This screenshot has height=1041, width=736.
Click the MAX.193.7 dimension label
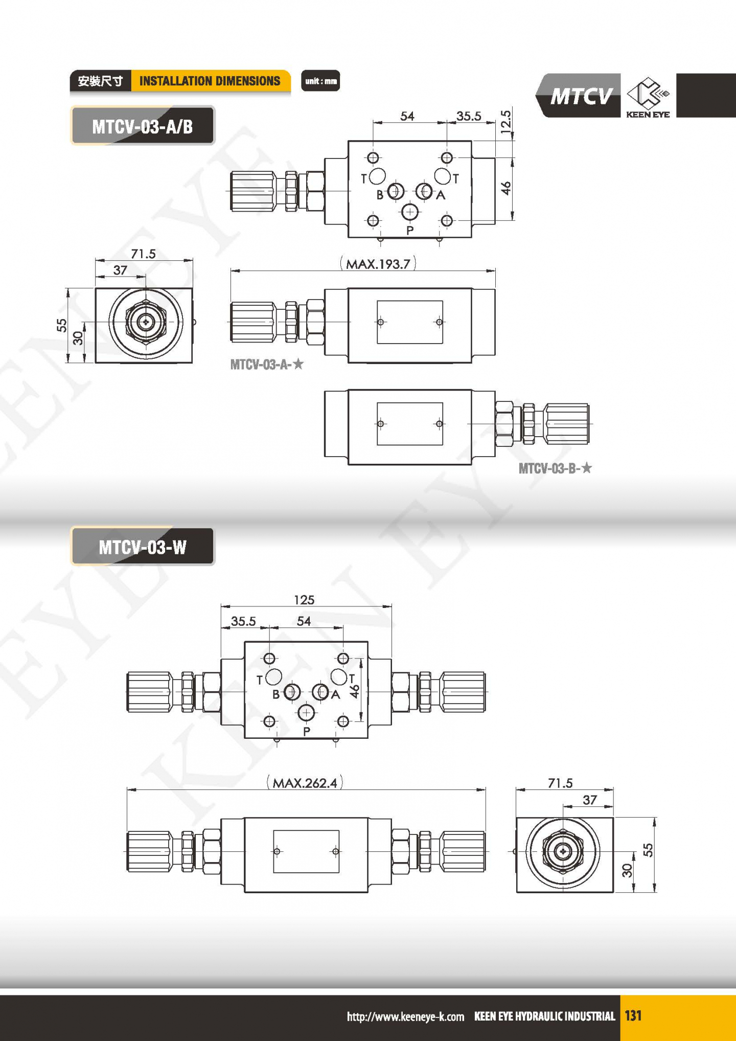378,264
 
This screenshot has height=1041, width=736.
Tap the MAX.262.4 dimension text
305,783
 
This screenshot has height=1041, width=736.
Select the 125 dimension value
304,600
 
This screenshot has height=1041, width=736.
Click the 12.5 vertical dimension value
506,122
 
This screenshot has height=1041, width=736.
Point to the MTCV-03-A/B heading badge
143,126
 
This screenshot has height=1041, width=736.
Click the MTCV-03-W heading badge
143,547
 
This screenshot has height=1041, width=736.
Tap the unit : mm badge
320,81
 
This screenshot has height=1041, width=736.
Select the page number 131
633,1015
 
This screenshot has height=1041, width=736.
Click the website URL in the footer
405,1016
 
